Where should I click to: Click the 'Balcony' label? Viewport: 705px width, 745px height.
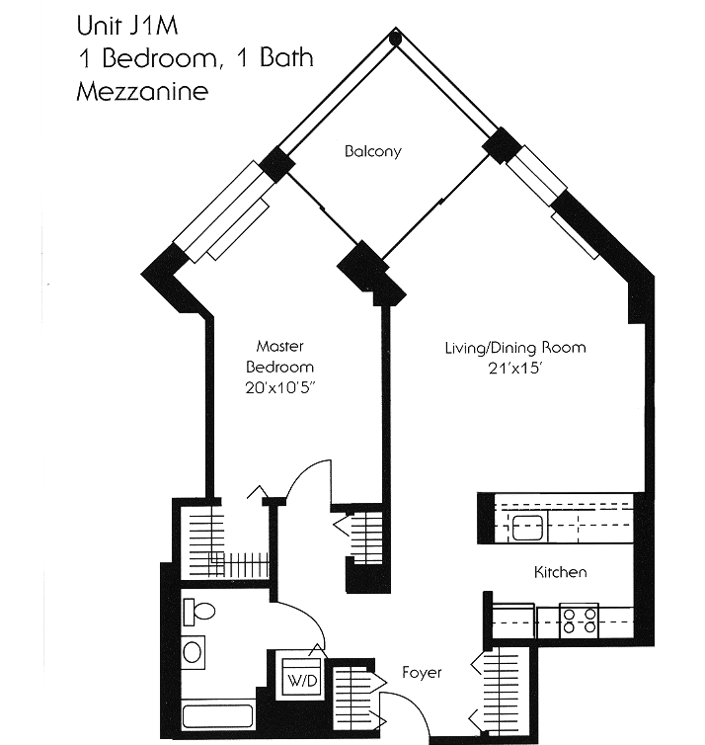[372, 151]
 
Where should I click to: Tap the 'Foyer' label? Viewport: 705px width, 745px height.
[422, 673]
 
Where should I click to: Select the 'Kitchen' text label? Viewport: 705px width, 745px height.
[560, 572]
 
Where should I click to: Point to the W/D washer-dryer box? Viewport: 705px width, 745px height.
[296, 680]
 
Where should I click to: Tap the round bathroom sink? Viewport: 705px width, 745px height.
[195, 651]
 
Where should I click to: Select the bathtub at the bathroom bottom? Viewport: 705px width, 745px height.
[218, 714]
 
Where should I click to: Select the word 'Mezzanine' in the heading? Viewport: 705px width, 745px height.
[142, 93]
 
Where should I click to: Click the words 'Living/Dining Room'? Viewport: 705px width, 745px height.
[514, 347]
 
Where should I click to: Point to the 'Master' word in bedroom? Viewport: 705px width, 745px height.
[279, 346]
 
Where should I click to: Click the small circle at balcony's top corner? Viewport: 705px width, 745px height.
[395, 40]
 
